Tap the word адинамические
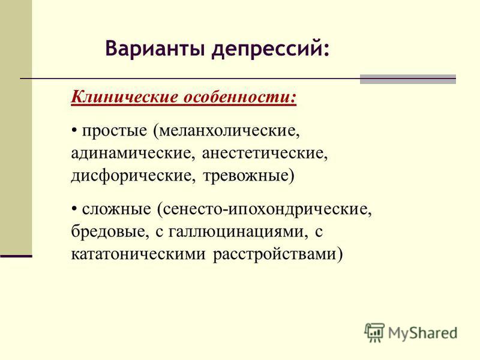click(131, 154)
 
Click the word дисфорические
click(131, 176)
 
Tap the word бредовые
click(108, 232)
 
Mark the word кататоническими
click(138, 254)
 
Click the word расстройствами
click(274, 254)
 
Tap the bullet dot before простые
click(74, 131)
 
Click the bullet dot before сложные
click(74, 209)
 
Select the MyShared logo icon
click(374, 332)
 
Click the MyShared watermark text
click(422, 334)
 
